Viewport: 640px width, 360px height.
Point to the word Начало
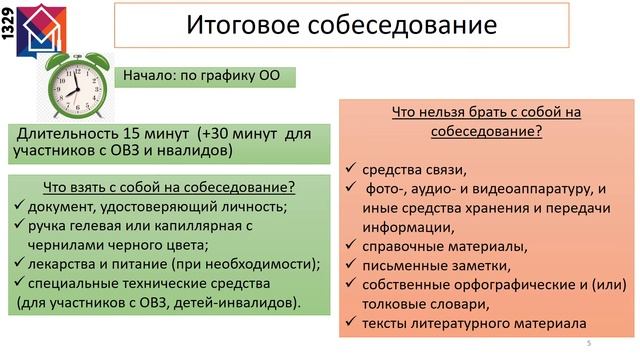151,76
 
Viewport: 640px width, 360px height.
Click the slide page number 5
589,344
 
